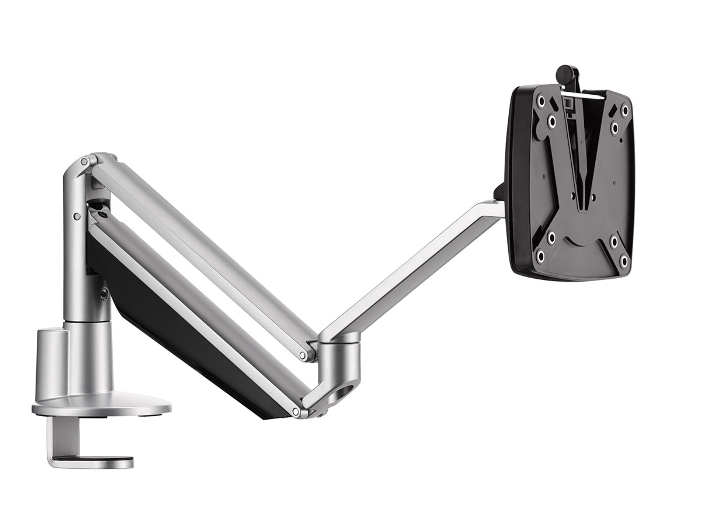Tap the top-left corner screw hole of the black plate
coord(541,102)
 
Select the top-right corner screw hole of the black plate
coord(625,109)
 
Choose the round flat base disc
coord(102,407)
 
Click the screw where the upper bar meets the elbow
coord(303,355)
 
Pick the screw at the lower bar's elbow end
coord(296,411)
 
